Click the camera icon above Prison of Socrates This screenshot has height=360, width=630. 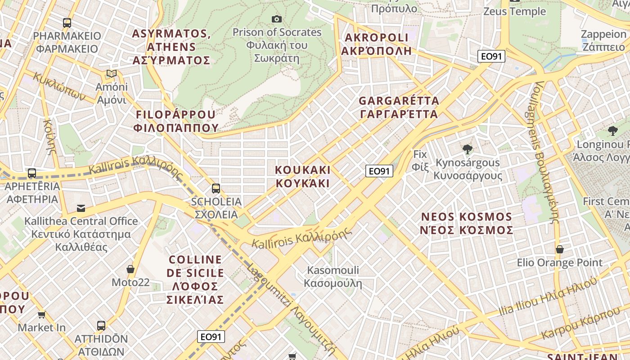click(277, 19)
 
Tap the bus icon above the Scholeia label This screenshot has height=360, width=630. click(216, 188)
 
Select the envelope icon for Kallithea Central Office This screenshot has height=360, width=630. click(81, 208)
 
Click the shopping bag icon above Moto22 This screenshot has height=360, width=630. click(130, 269)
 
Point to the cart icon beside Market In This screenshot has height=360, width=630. click(42, 315)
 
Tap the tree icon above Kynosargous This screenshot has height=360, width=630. click(468, 149)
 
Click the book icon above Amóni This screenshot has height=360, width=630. click(111, 73)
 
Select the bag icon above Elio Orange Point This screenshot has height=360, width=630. click(560, 249)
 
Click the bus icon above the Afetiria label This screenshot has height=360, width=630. click(32, 173)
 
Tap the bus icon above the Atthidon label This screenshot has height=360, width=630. click(101, 325)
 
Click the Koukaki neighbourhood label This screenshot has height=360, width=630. click(302, 176)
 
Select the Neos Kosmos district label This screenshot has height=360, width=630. click(467, 223)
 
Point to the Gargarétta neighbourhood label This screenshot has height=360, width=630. click(399, 107)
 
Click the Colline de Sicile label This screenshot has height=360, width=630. click(195, 279)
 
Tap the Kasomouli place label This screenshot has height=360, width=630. click(333, 276)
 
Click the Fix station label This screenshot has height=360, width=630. click(420, 160)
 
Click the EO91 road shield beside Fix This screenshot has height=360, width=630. click(379, 171)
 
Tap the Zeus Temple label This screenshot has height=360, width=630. click(514, 11)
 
